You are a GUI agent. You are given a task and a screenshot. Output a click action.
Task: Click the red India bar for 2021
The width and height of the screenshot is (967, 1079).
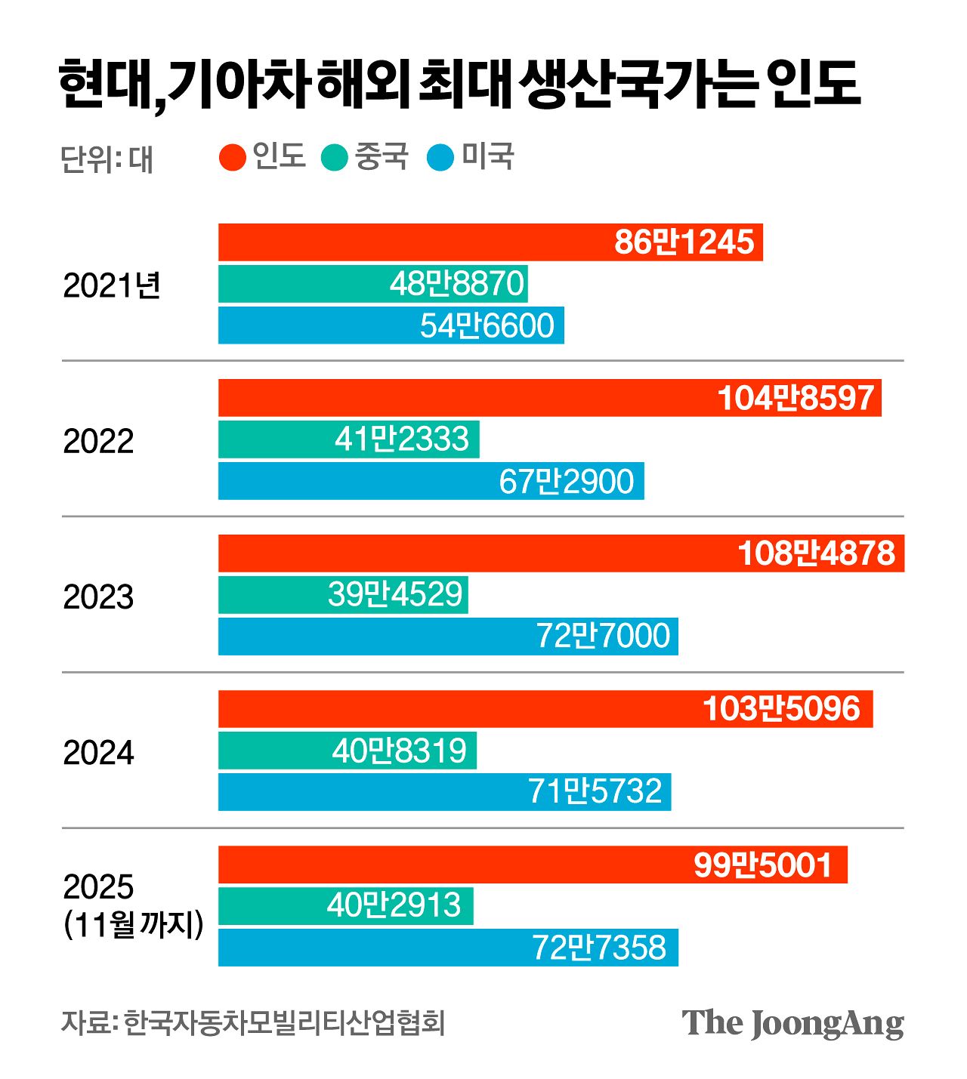(416, 242)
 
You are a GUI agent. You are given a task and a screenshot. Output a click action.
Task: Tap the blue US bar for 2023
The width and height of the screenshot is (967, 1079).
(378, 637)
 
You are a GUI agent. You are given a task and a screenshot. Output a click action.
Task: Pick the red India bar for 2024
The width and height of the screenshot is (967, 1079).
(453, 709)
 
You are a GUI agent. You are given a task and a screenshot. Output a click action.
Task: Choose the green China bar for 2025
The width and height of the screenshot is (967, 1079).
(272, 905)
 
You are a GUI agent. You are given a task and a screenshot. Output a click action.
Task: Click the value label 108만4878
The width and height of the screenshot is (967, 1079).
(816, 553)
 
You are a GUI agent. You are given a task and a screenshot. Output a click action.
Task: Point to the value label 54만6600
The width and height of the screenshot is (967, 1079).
(487, 325)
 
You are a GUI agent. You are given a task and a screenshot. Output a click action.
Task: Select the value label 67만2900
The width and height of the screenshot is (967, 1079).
(566, 482)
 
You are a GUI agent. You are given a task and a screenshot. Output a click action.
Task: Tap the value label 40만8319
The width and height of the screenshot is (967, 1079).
(400, 751)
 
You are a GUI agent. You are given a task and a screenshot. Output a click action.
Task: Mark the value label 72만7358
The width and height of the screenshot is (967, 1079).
(599, 948)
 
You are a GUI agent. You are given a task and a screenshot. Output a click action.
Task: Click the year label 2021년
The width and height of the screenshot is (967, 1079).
(112, 285)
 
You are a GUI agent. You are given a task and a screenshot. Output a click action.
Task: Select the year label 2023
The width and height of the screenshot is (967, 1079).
(98, 597)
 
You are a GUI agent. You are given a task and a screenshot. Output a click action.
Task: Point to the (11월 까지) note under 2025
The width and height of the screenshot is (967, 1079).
(134, 925)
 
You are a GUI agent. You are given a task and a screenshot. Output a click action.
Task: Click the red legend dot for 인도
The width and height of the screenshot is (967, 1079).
(233, 157)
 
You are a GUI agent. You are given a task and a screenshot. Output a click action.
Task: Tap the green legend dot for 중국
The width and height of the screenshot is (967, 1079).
(334, 157)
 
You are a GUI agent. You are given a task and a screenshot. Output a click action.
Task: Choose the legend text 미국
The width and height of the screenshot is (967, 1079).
(488, 156)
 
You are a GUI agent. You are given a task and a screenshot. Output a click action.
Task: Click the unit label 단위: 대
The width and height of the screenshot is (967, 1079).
(107, 159)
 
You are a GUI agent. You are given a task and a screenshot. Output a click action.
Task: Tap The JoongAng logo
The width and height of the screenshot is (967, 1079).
(792, 1023)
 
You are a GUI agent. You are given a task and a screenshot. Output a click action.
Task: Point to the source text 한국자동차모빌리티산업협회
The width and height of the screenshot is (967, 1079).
(285, 1023)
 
